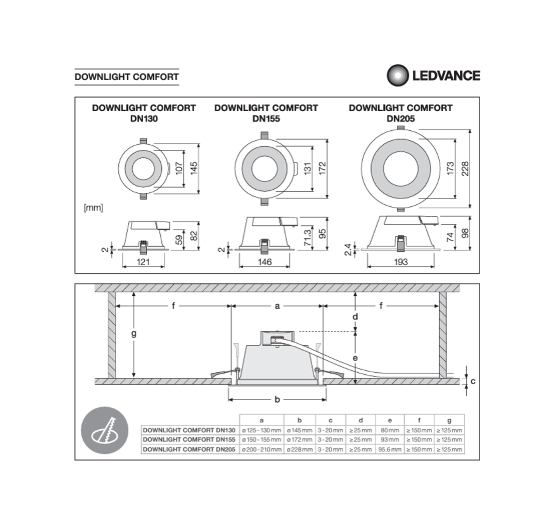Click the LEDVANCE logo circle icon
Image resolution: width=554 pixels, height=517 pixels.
click(397, 75)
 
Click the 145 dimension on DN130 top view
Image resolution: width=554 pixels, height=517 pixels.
click(194, 169)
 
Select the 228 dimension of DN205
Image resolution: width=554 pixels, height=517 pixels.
click(465, 169)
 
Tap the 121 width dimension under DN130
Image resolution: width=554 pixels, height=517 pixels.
click(143, 262)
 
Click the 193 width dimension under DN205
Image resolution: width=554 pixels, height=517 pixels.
click(401, 262)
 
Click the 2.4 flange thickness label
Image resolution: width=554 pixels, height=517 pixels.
click(349, 249)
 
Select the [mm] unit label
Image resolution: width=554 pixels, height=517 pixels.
click(93, 208)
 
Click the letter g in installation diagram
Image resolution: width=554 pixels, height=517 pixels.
click(133, 334)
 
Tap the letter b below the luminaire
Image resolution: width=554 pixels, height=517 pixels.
click(277, 399)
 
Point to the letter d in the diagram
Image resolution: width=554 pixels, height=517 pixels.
click(356, 316)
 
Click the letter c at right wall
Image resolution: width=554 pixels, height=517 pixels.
click(473, 381)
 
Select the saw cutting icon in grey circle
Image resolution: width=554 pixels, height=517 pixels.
click(104, 430)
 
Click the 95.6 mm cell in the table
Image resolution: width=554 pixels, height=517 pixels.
click(390, 449)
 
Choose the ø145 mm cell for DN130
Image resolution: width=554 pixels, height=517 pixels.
click(299, 430)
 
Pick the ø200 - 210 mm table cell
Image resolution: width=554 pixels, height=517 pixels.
click(261, 449)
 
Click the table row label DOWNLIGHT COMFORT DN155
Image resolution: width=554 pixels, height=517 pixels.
click(189, 439)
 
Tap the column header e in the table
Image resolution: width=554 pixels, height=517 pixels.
click(390, 420)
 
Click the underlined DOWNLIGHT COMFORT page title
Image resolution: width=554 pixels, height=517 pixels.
click(127, 77)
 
